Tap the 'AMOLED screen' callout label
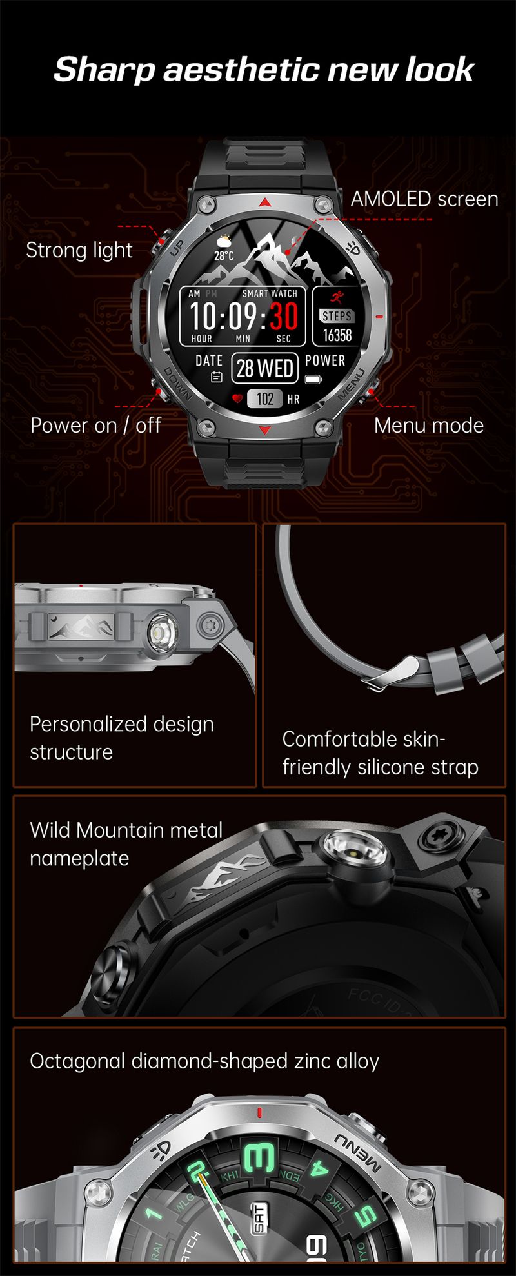click(424, 199)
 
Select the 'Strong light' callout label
click(79, 250)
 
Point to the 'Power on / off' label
click(95, 426)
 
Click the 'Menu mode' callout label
click(429, 426)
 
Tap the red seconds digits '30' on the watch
click(283, 316)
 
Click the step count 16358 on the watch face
click(337, 335)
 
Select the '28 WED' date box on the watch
click(264, 368)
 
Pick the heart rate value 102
click(265, 399)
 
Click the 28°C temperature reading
click(224, 255)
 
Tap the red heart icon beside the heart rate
click(237, 399)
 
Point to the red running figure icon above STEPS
click(337, 297)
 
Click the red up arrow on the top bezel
click(265, 202)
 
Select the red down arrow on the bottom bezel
click(265, 430)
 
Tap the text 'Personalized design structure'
click(121, 738)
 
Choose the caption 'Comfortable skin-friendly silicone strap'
click(380, 752)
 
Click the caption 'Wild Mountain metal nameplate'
click(126, 843)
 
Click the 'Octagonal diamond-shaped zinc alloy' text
click(204, 1061)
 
